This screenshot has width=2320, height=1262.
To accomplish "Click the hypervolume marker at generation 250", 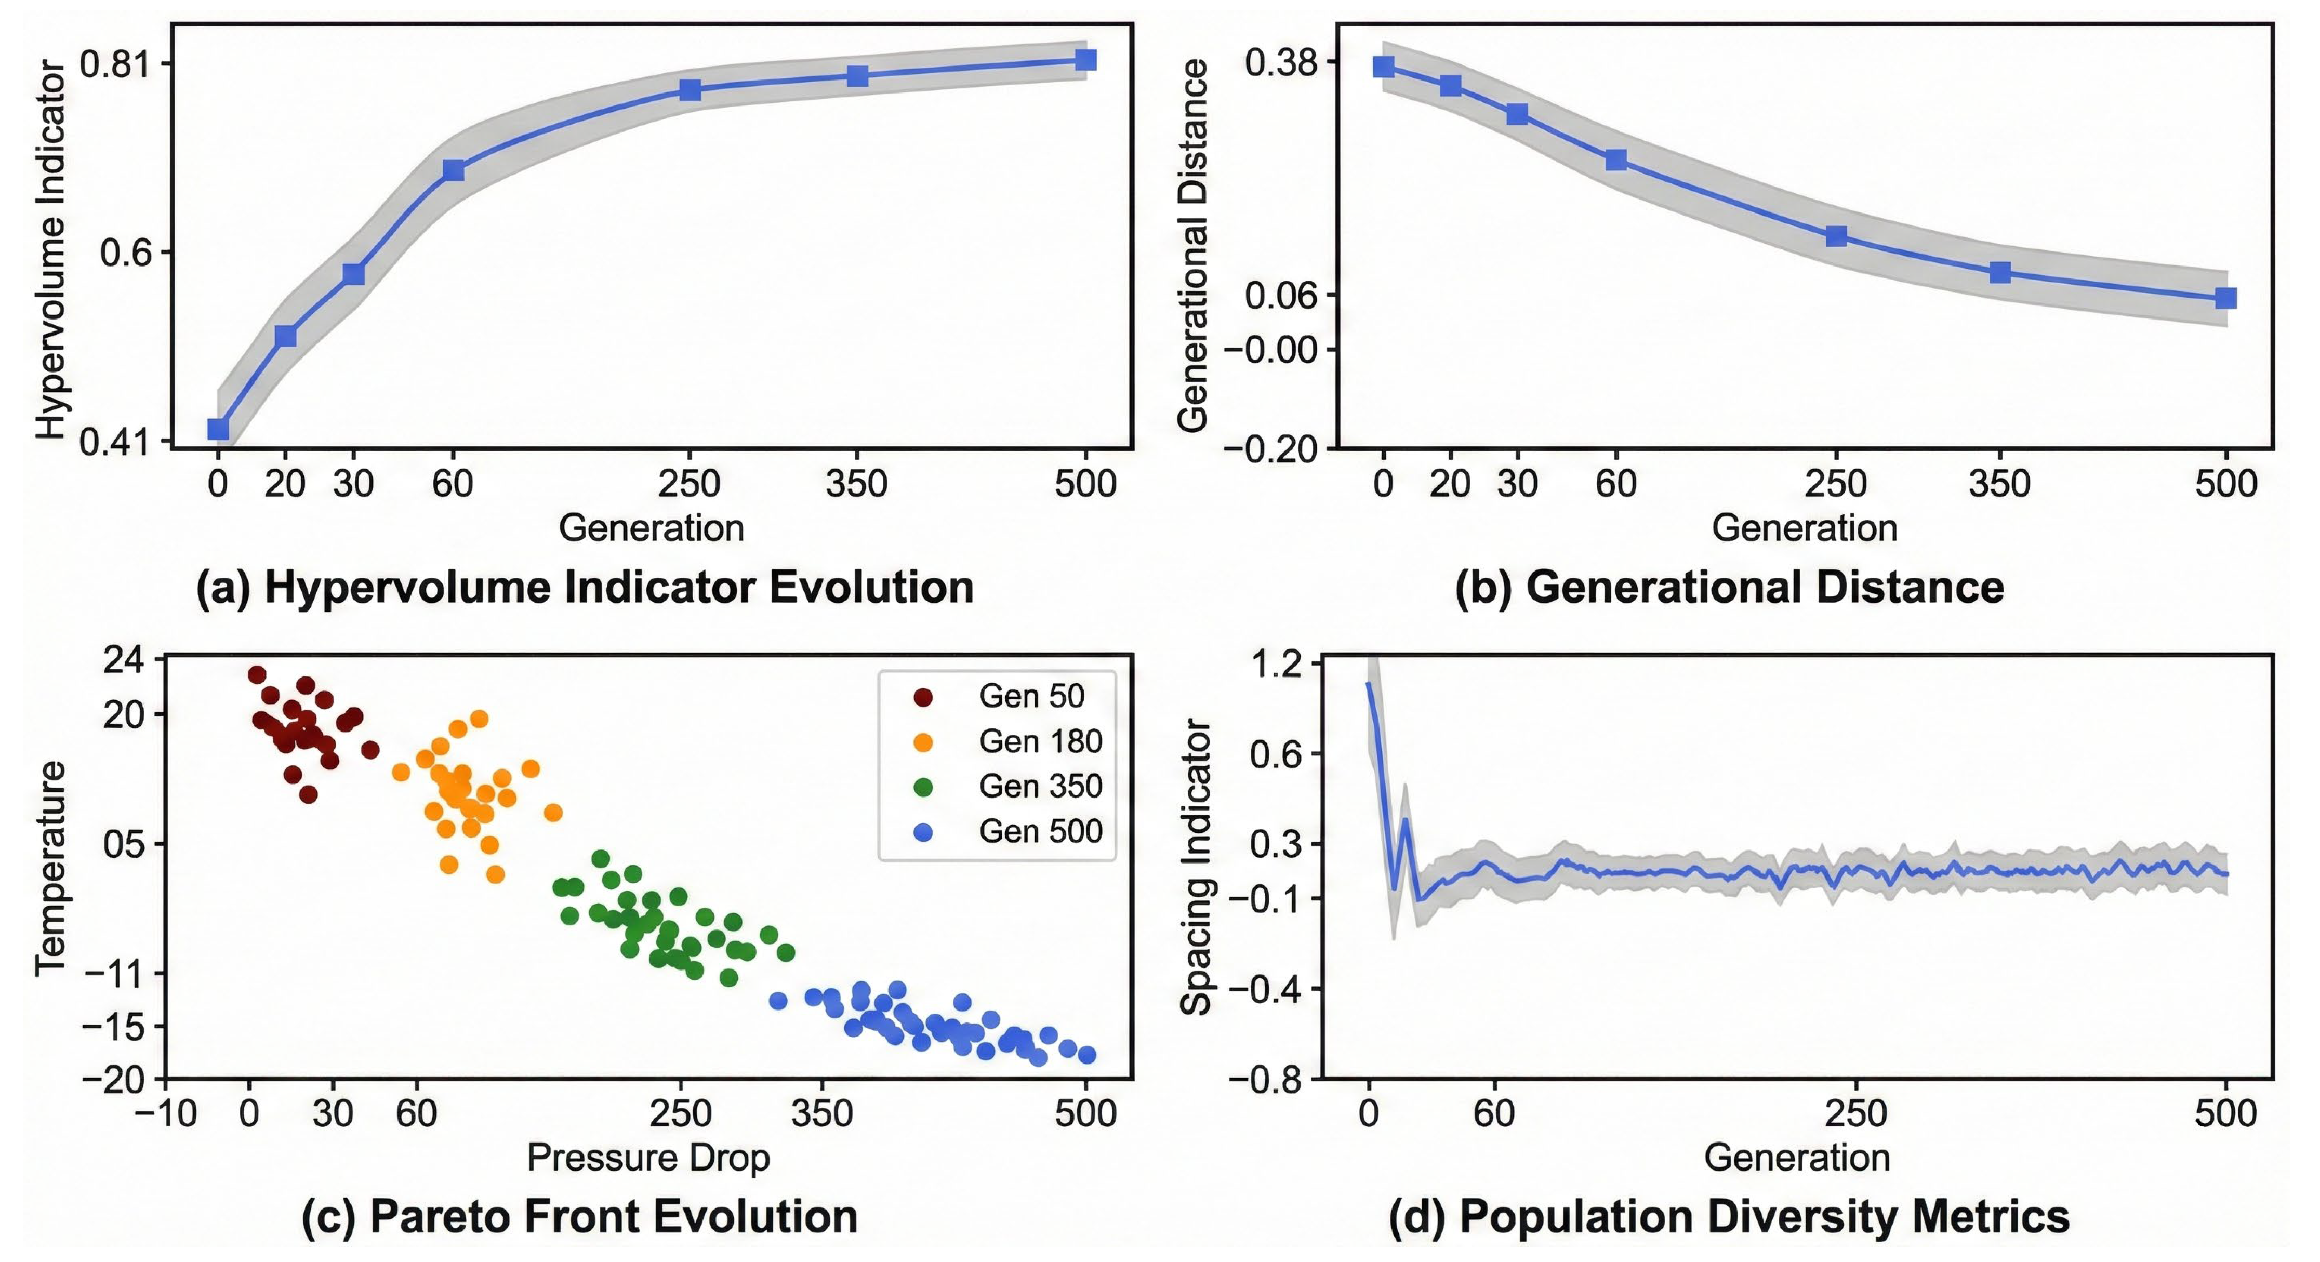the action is pos(690,89).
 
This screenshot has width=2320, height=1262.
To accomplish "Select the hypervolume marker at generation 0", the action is pos(218,429).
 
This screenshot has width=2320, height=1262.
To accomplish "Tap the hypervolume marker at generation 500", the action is pos(1086,59).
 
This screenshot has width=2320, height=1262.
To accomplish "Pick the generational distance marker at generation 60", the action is pos(1616,160).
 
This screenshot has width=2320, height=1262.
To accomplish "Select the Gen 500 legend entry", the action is pos(1008,831).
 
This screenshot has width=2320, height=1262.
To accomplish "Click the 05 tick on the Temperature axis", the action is pos(123,844).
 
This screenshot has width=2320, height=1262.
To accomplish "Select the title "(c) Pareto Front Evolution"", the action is pos(580,1217).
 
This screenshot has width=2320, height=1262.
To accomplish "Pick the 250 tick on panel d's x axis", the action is pos(1856,1114).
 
